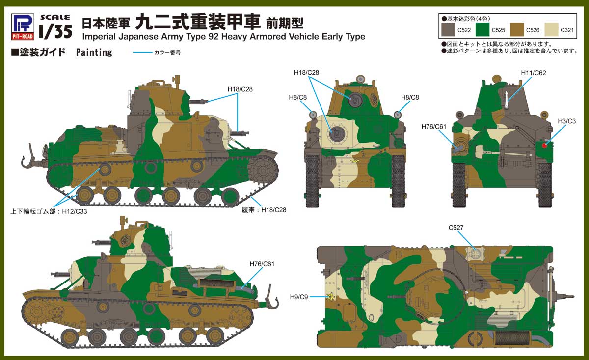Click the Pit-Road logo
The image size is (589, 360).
tap(23, 27)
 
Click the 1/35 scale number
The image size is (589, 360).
tap(55, 31)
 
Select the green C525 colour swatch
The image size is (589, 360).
tap(482, 30)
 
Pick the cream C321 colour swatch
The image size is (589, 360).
tap(551, 30)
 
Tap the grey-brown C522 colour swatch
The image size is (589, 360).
tap(448, 30)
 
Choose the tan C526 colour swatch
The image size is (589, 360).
tap(517, 30)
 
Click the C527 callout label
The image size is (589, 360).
tap(456, 228)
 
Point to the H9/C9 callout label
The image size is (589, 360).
tap(299, 297)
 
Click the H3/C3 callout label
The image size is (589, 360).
tap(566, 121)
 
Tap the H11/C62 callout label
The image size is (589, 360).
tap(534, 73)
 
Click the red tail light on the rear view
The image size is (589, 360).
tap(544, 145)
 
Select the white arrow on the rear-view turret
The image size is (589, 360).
tap(506, 100)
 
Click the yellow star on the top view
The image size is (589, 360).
tap(330, 297)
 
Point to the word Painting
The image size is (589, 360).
tap(94, 52)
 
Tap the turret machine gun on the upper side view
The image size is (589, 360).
tap(198, 101)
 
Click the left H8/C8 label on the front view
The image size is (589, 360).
tap(297, 98)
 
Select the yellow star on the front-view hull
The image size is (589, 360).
tap(355, 160)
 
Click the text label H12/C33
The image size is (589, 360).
tap(75, 212)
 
